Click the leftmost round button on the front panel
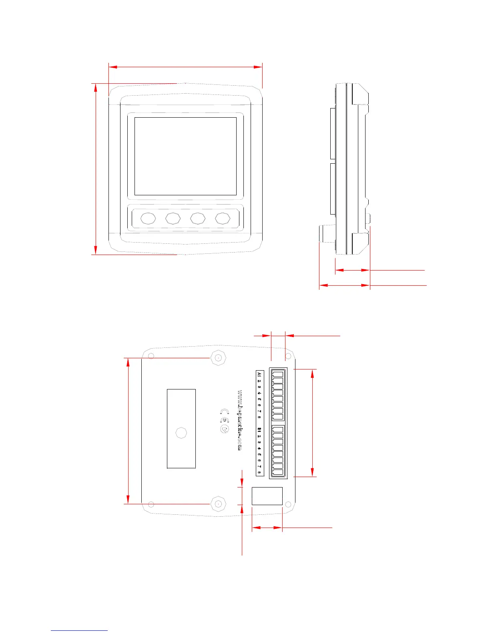tap(148, 218)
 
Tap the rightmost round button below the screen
tap(223, 218)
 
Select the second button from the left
tap(173, 218)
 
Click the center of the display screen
tap(185, 156)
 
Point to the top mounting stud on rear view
tap(218, 358)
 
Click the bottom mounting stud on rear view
tap(218, 504)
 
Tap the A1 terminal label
tap(259, 375)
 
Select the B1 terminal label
tap(259, 430)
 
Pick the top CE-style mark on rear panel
tap(225, 411)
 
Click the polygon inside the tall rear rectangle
tap(181, 433)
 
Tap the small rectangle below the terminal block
tap(267, 496)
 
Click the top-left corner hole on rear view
tap(151, 357)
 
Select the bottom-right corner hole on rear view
tap(288, 505)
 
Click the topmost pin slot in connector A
tap(278, 374)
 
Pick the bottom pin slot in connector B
tap(278, 472)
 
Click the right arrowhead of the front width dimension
tap(259, 67)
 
